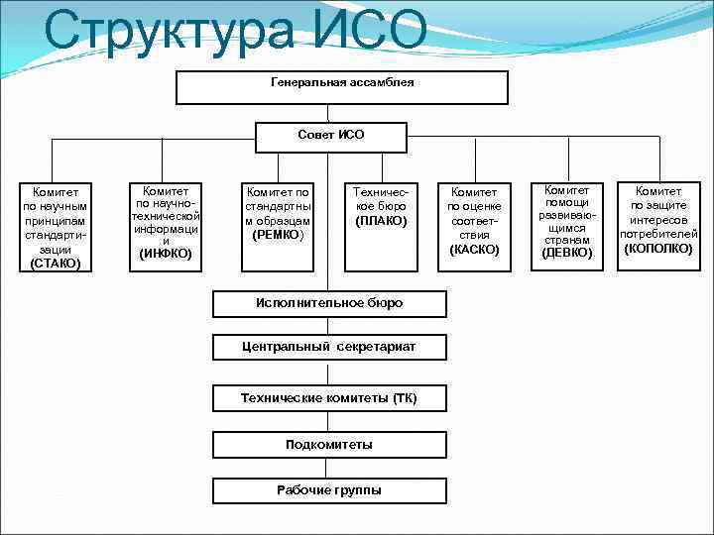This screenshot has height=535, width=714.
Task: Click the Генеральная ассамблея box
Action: click(342, 87)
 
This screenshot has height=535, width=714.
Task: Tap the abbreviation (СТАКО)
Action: click(56, 265)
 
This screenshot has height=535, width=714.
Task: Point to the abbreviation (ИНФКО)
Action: click(166, 255)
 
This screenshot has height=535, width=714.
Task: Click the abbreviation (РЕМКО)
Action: click(278, 235)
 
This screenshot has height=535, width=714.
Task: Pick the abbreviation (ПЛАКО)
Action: click(381, 220)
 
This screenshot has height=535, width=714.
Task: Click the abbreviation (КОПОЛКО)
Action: click(658, 248)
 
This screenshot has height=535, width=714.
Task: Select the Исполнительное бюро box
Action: click(330, 302)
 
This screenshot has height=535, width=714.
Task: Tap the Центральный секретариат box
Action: click(330, 347)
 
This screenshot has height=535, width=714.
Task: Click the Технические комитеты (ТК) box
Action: click(330, 398)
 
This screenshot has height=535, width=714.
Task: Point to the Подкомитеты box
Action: click(330, 445)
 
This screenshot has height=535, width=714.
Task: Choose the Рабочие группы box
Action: click(330, 490)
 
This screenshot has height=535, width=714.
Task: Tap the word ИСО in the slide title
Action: click(371, 32)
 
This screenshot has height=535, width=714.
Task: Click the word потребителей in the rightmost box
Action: click(658, 234)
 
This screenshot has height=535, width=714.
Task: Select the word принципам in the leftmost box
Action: click(56, 221)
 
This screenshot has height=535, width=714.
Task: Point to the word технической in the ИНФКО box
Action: click(166, 215)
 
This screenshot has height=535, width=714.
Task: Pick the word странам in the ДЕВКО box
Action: click(566, 240)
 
